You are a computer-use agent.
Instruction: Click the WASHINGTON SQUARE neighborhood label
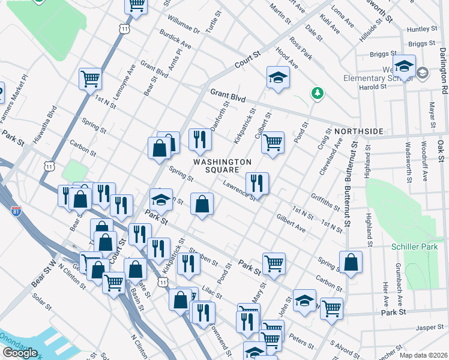coord(222,166)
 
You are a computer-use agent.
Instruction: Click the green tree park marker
coord(317,93)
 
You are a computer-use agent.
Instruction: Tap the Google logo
coord(20,353)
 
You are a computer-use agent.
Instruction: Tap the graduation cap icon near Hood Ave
coord(277,77)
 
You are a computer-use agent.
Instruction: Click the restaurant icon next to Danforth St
coord(200,139)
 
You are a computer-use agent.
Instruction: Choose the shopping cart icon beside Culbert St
coord(273,142)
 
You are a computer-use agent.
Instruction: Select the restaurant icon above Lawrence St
coord(257,182)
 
